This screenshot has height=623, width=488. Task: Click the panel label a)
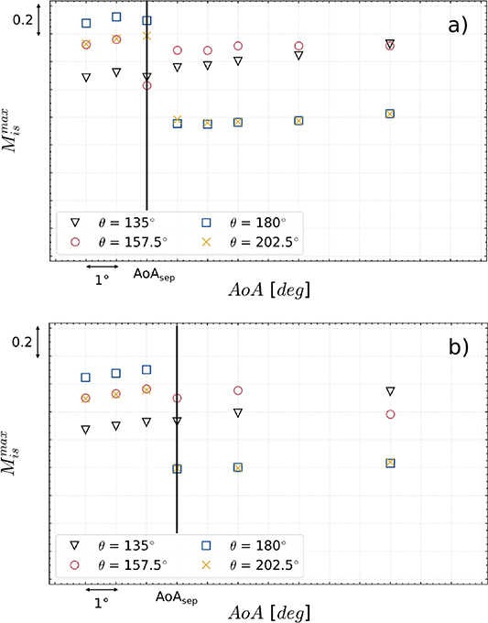(x=457, y=26)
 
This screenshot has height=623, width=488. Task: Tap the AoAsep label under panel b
(x=178, y=596)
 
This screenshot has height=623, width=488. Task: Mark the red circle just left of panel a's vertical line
(x=146, y=85)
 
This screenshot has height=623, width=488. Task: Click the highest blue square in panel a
(x=116, y=16)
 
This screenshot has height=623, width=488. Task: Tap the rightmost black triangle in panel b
(x=390, y=391)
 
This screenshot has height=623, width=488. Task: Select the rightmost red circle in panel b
(x=390, y=414)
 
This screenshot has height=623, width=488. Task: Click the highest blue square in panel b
(x=146, y=369)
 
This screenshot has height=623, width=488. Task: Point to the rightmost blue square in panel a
(x=390, y=114)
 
